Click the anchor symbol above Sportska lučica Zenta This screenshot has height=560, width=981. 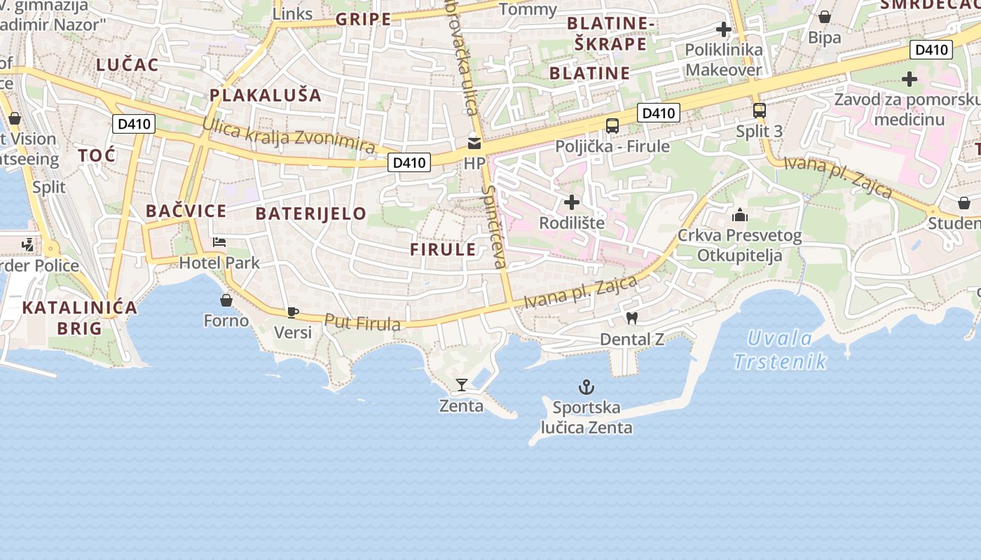[586, 386]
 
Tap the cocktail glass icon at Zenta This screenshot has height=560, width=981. [461, 384]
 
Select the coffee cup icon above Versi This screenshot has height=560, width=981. [292, 312]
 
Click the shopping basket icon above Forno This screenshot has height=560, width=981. [226, 300]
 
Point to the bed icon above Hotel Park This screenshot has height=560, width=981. [219, 242]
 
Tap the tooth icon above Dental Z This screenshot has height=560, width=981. [631, 318]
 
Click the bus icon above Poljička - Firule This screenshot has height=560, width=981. [612, 126]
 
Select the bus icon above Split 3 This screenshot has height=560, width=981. [760, 111]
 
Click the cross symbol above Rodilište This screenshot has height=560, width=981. [572, 202]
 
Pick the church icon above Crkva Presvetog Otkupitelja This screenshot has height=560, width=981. [740, 215]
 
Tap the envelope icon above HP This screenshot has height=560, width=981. [474, 143]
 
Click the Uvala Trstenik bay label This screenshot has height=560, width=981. [780, 350]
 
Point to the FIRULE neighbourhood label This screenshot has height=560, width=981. [443, 249]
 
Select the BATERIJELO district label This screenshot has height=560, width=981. [311, 213]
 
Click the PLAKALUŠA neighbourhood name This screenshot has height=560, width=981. [266, 95]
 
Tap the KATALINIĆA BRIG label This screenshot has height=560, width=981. [79, 317]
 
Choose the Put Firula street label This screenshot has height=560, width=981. [362, 322]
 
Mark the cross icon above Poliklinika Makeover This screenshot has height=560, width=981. [724, 29]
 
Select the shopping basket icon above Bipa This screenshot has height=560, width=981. [825, 17]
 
